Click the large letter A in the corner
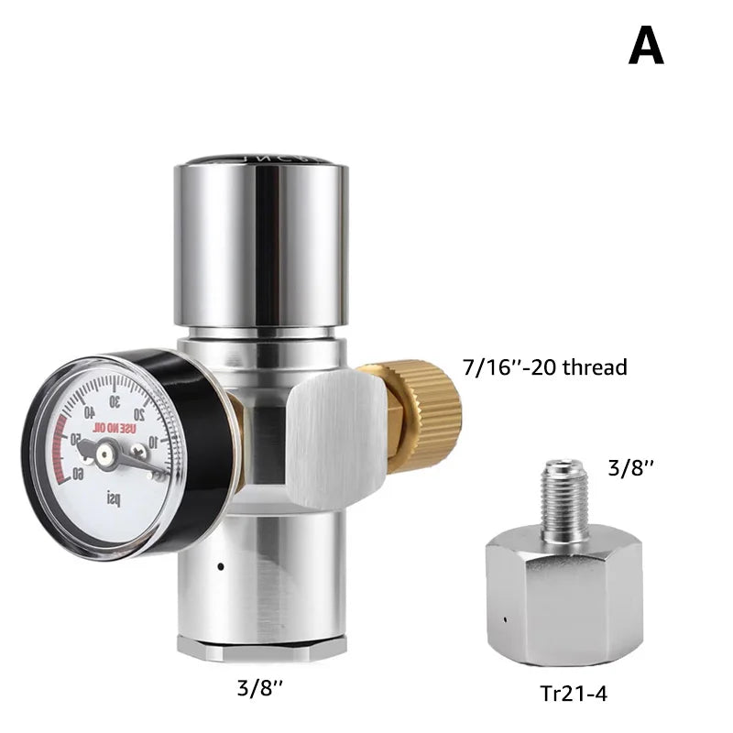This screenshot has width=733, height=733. point(646,46)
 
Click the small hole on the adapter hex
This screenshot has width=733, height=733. point(505,619)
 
